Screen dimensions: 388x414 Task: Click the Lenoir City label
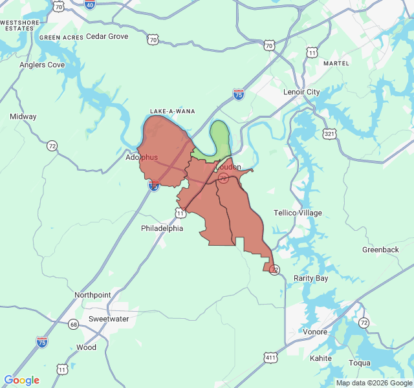pos(301,92)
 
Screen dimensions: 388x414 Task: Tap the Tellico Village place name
pos(298,213)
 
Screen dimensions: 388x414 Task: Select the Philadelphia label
pos(162,228)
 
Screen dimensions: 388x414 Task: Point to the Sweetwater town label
pos(109,319)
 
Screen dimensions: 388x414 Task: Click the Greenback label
pos(380,250)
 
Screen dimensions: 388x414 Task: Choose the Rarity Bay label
pos(311,278)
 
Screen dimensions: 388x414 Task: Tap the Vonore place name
pos(315,332)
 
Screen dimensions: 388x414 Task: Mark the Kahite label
pos(321,358)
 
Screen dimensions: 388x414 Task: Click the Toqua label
pos(360,363)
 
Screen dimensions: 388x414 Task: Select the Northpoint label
pos(93,295)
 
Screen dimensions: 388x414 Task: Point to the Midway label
pos(23,116)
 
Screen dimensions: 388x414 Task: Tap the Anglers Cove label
pos(42,65)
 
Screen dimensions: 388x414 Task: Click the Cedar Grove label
pos(107,36)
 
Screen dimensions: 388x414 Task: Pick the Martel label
pos(336,63)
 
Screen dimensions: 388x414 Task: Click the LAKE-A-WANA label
pos(172,111)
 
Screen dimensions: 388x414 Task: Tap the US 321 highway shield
pos(329,134)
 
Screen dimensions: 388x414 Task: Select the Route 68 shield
pos(74,323)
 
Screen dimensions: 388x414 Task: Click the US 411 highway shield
pos(270,357)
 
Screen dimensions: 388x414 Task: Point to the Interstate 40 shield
pos(90,5)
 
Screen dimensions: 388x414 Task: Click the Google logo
pos(22,380)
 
